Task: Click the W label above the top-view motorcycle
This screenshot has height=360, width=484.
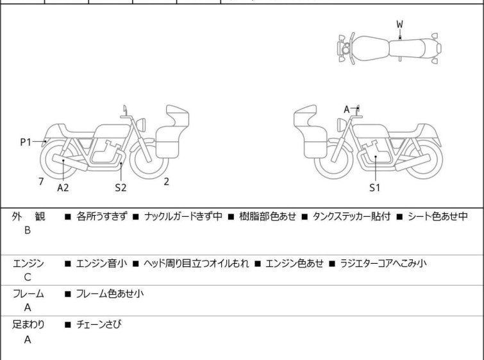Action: (400, 24)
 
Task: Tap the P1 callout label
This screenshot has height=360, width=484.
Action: (26, 142)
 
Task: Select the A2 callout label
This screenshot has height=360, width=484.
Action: (63, 187)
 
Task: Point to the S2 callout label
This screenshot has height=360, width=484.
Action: (121, 187)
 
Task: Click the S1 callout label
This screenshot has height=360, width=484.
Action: (375, 187)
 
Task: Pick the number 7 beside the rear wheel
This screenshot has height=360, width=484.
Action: (41, 182)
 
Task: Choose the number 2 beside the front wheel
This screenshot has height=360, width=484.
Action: (167, 182)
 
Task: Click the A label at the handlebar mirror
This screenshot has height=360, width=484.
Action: (347, 109)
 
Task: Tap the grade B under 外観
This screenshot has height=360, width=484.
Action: (28, 230)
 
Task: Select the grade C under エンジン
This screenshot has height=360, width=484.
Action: (28, 277)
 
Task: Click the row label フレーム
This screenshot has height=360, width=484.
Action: (28, 293)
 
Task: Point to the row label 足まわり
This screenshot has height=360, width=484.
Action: (28, 325)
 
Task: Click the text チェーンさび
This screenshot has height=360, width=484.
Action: (99, 324)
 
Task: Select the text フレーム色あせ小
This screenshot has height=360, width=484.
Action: (110, 293)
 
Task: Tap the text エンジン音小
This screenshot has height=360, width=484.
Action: (101, 263)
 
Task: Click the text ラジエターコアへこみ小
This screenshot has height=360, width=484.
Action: (383, 263)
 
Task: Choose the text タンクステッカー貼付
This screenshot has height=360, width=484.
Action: (351, 216)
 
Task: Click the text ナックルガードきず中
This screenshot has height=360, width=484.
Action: (183, 216)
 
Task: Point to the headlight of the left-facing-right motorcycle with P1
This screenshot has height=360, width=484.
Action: (141, 124)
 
